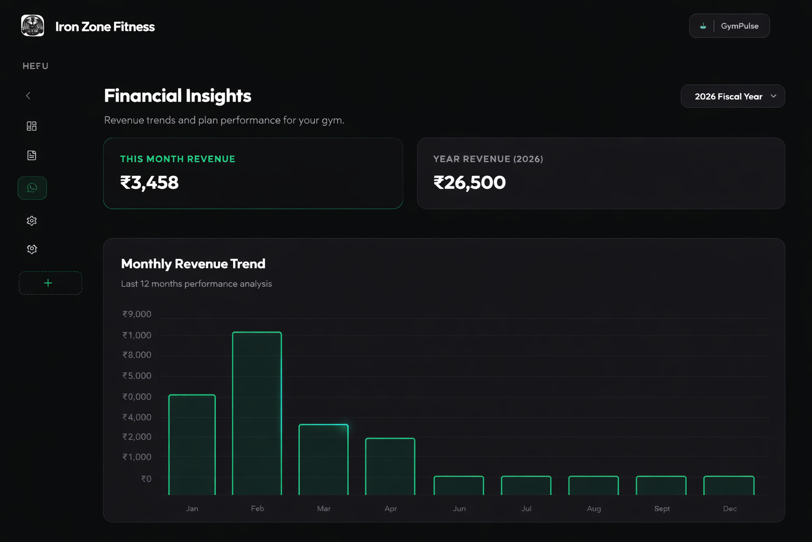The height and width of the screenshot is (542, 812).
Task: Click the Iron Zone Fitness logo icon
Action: coord(33,25)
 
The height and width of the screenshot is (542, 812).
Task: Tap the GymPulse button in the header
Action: coord(729,26)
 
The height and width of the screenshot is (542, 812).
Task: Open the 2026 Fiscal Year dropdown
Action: coord(733,96)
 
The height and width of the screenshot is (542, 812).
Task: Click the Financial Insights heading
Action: coord(178,96)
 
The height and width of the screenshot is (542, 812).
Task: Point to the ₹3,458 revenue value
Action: coord(150,183)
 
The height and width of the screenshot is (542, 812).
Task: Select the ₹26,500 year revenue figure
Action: coord(469,183)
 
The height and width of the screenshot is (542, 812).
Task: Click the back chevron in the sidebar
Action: coord(29,96)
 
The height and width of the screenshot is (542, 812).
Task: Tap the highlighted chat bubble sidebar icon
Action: coord(32,188)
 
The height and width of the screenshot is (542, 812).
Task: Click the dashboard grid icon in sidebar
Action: coord(32,126)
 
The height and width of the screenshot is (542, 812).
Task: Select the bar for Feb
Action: coord(257,413)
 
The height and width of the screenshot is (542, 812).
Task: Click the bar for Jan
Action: coord(192,445)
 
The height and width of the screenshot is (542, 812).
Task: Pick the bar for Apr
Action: coord(390,466)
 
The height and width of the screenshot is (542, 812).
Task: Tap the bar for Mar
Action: coord(324,459)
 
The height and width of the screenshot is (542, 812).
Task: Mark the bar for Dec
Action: coord(729,485)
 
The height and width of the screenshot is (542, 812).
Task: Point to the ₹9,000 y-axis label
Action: coord(137,314)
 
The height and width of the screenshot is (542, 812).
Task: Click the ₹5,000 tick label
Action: coord(137,376)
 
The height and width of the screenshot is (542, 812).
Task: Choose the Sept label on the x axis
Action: coord(662,509)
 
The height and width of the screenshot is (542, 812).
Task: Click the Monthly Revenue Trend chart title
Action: coord(193,264)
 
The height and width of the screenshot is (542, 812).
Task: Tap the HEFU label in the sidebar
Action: coord(35,66)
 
